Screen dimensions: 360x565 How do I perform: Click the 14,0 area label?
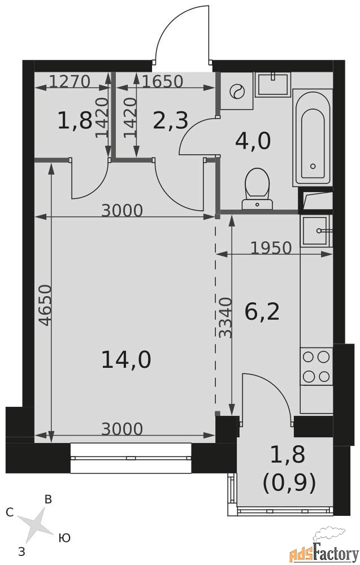126,359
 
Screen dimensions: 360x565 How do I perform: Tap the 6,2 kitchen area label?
262,312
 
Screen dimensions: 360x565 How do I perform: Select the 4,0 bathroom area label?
253,141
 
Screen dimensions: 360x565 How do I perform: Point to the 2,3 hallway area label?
171,120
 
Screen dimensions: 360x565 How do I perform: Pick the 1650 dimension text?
163,81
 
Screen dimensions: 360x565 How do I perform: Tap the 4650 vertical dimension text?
45,305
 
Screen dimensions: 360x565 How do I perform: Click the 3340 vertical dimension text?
226,318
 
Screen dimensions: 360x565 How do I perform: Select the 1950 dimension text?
271,248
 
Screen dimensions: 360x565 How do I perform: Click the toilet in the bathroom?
257,189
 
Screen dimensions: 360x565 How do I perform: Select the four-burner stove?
316,367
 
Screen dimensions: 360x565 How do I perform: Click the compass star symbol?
35,525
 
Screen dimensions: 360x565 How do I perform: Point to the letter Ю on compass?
64,538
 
